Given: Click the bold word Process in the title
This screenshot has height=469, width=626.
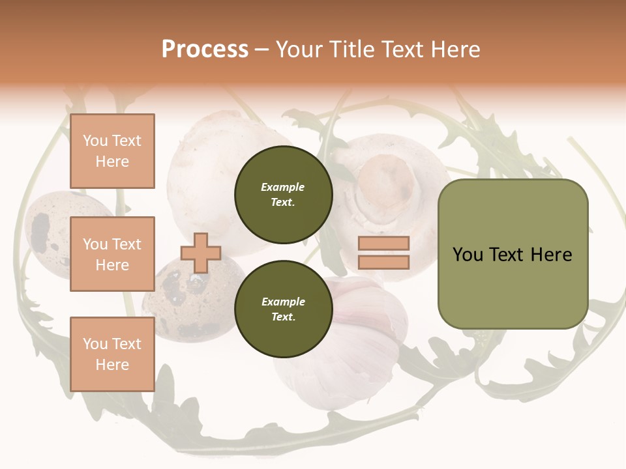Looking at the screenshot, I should [x=205, y=50].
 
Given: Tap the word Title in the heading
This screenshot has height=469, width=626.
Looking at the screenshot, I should [x=351, y=50].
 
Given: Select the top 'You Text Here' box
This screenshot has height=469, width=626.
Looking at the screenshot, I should [x=112, y=151].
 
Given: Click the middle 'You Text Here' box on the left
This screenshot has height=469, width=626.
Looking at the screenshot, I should [x=112, y=254].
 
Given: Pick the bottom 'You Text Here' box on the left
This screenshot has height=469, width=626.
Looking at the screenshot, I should [x=112, y=354].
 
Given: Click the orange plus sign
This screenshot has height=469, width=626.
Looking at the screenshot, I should [x=200, y=253].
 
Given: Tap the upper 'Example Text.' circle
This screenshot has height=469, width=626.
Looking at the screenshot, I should [x=283, y=194].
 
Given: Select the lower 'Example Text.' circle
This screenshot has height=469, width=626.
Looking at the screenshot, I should [x=283, y=309].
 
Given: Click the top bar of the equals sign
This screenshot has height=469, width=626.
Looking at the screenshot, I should [x=383, y=244].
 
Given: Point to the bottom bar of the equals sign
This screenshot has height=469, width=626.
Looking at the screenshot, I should [x=383, y=262].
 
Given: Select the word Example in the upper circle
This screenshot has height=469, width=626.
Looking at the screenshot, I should [x=283, y=187].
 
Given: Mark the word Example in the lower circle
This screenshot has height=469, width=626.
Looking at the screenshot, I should [x=283, y=302].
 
